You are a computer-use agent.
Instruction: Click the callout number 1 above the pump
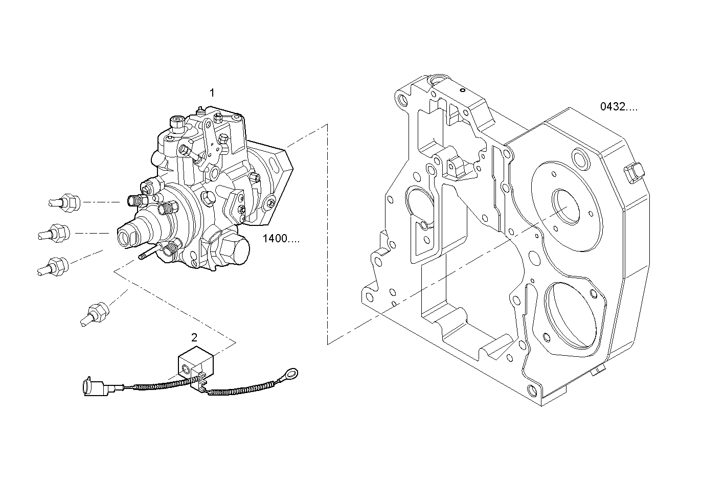pos(212,93)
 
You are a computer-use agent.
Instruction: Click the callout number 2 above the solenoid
pos(194,338)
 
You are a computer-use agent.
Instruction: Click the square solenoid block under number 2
pos(196,362)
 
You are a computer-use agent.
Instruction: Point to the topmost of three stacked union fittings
pos(65,203)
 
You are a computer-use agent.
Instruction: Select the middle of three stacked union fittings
pos(54,233)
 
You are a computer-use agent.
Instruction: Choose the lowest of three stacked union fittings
pos(53,266)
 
